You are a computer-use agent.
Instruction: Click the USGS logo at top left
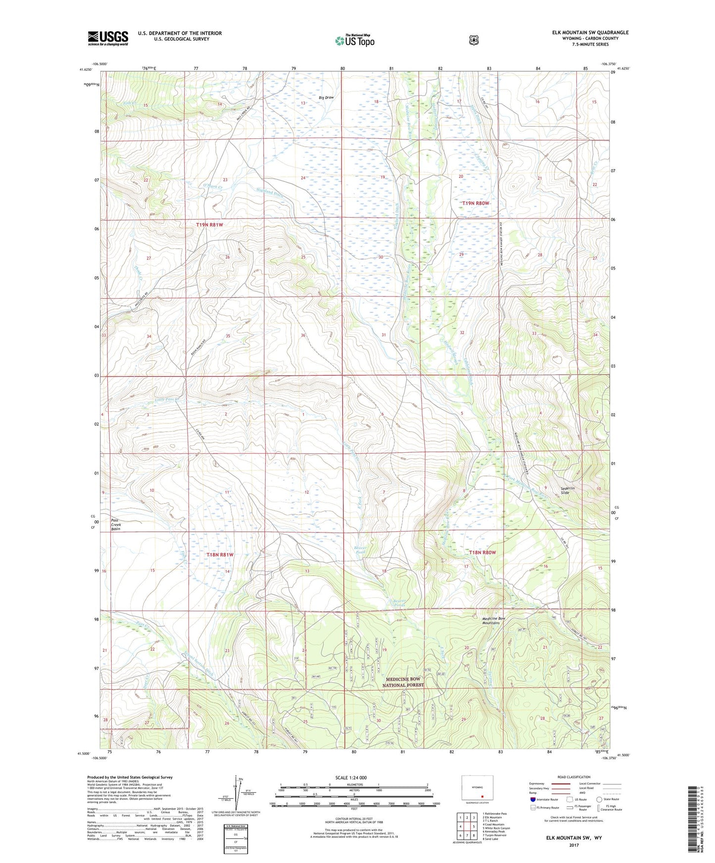(x=108, y=38)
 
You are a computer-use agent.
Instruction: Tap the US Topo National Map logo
(x=354, y=41)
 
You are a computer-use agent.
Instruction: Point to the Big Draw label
(x=326, y=98)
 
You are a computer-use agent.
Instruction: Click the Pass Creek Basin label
(x=115, y=525)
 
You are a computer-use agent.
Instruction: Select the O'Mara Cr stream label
(x=213, y=186)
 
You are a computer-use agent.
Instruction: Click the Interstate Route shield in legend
(x=532, y=799)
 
